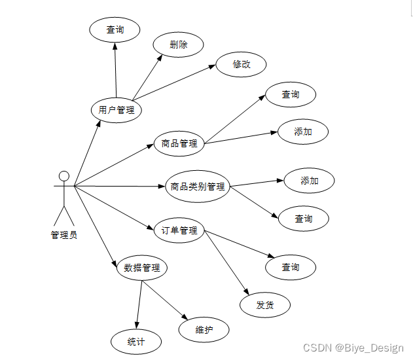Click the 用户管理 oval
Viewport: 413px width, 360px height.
pos(116,110)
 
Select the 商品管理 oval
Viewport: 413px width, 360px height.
pos(179,143)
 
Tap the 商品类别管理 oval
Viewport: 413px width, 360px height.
pos(197,187)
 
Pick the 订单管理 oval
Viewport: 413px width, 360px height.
pos(179,230)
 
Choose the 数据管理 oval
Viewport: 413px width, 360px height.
pos(142,268)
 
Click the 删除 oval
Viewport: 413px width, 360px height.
pos(178,45)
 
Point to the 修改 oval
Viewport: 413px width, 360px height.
pos(241,64)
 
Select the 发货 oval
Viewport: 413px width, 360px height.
pos(264,304)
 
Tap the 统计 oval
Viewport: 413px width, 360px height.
pos(135,341)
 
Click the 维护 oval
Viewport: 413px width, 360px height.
pos(204,329)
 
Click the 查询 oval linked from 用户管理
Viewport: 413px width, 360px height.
pos(115,29)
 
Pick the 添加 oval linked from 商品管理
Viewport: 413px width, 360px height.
pos(302,132)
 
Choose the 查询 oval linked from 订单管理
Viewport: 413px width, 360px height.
pos(291,267)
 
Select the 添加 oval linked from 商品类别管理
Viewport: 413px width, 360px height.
pos(309,181)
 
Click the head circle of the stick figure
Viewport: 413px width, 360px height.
pos(63,175)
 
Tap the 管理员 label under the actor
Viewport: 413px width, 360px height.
pos(63,235)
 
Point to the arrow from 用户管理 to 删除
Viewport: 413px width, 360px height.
pos(148,75)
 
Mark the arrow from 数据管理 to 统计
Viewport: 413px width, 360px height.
pos(139,304)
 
